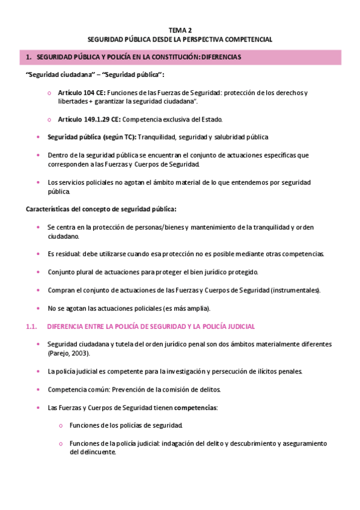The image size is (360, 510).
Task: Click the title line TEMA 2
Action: pos(180,29)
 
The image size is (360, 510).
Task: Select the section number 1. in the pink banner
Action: pos(28,57)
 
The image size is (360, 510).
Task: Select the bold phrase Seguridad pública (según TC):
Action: pos(92,137)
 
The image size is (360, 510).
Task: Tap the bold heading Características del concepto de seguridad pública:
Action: pos(101,209)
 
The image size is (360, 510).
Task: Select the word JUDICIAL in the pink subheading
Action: pos(240,327)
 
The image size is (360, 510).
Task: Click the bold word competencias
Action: pos(195,407)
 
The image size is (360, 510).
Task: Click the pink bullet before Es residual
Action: pos(39,254)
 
